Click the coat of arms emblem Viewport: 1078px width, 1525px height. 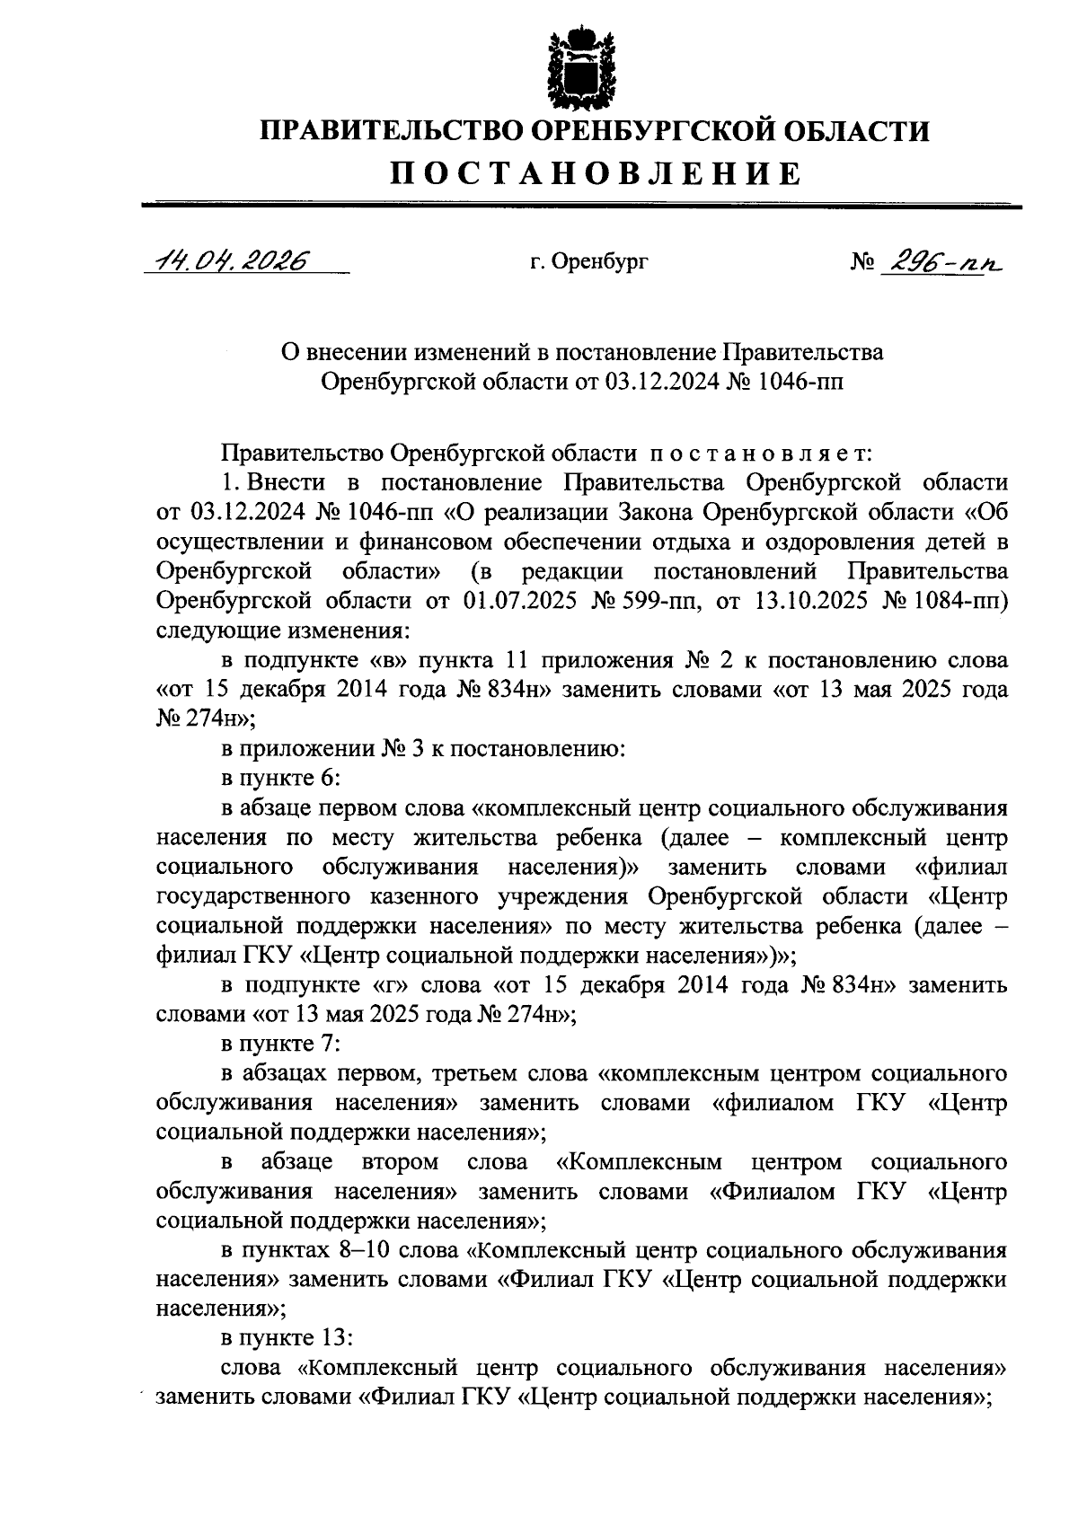(582, 68)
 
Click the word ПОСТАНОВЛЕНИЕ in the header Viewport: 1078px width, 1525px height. (595, 172)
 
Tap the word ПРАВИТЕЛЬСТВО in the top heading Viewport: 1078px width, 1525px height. (393, 131)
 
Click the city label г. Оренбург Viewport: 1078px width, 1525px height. (588, 262)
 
